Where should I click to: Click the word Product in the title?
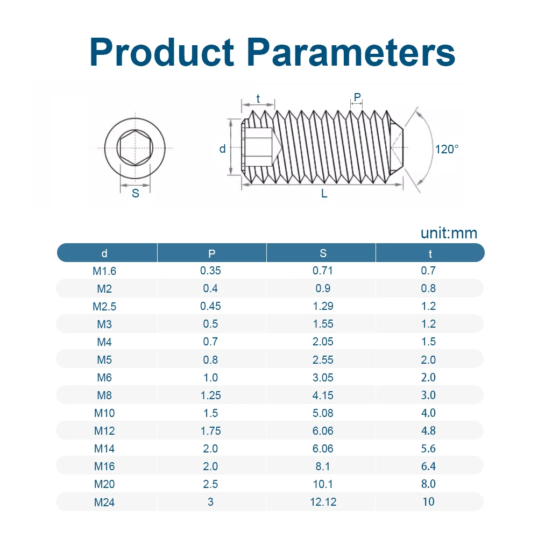coord(162,52)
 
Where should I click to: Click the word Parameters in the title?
coord(351,52)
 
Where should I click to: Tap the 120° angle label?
coord(447,149)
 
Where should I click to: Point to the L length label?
coord(324,194)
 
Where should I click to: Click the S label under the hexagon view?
coord(136,194)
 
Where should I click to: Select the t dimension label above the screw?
coord(258,99)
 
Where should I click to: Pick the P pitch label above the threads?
coord(357,97)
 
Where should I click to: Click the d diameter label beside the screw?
coord(222,148)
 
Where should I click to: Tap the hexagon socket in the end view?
coord(135,148)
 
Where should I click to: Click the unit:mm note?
coord(449,233)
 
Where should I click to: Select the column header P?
coord(211,253)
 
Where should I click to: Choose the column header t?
coord(430,253)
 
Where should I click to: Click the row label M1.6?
coord(104,271)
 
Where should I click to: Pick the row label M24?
coord(104,502)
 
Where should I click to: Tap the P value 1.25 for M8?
coord(211,395)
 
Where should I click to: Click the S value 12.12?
coord(323,502)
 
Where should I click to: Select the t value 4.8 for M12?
coord(429,430)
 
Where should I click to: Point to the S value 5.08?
coord(323,413)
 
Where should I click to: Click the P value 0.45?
coord(211,306)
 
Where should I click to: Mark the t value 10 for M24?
coord(429,502)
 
